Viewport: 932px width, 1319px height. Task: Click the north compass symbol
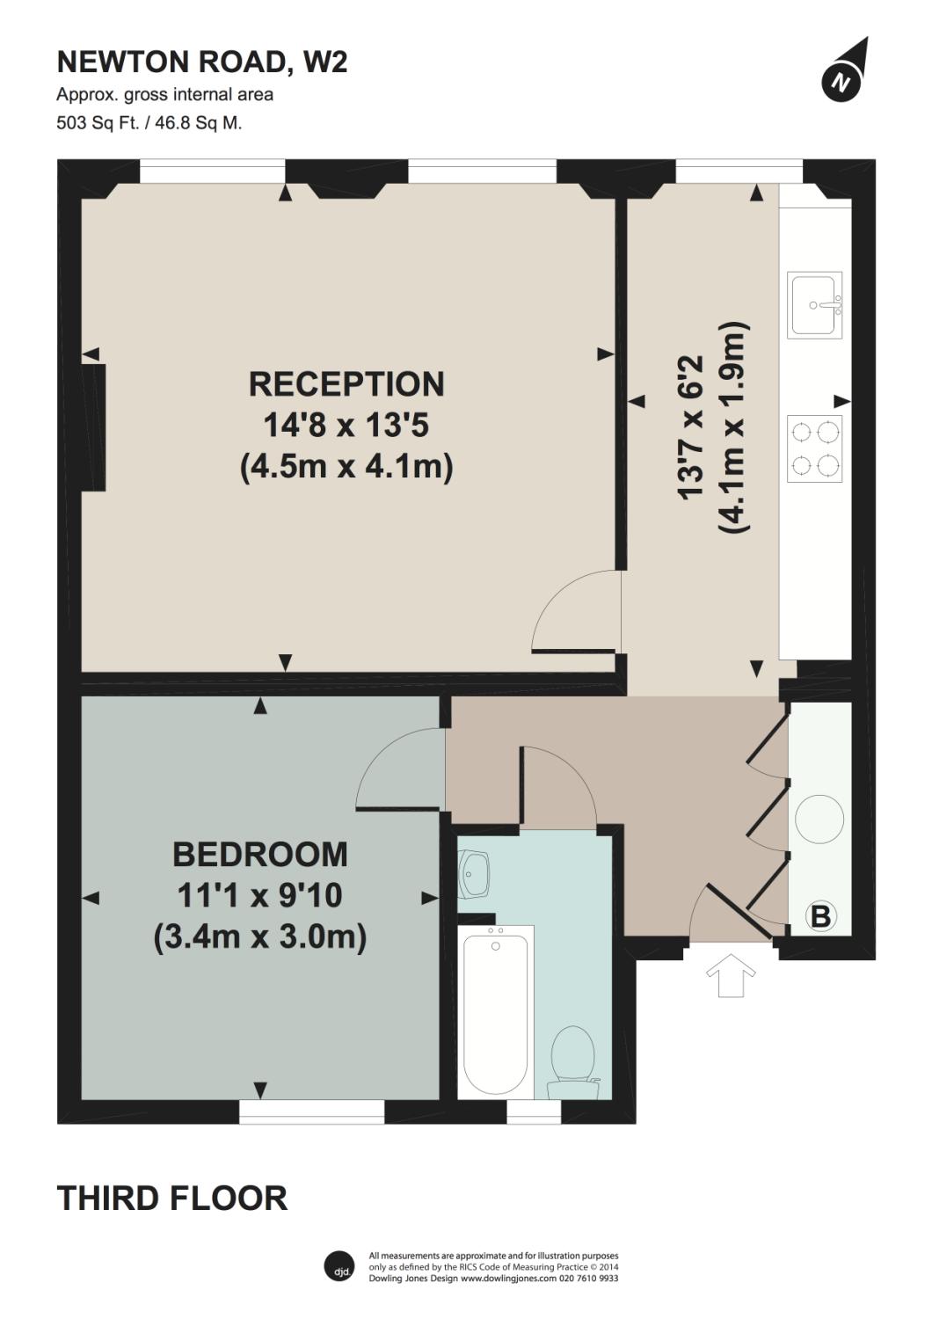tap(842, 82)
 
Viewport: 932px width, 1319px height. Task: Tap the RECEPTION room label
tap(346, 384)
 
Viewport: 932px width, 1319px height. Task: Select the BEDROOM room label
tap(260, 855)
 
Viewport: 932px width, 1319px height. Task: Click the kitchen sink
tap(815, 304)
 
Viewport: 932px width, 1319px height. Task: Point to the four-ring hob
tap(814, 448)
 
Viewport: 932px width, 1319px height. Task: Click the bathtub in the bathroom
tap(496, 1013)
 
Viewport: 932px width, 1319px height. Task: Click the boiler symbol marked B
tap(819, 917)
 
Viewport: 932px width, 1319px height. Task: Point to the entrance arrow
tap(731, 976)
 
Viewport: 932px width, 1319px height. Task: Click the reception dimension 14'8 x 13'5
tap(346, 426)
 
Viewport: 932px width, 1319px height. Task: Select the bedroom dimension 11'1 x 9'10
tap(260, 896)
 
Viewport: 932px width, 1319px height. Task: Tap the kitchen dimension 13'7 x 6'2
tap(691, 427)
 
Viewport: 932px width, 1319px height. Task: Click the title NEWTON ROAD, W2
tap(202, 62)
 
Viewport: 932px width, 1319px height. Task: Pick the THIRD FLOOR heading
tap(172, 1198)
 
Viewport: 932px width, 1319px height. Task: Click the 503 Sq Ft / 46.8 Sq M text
tap(149, 123)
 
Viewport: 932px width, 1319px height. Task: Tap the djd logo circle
tap(339, 1265)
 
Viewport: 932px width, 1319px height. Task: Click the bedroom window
tap(312, 1112)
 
